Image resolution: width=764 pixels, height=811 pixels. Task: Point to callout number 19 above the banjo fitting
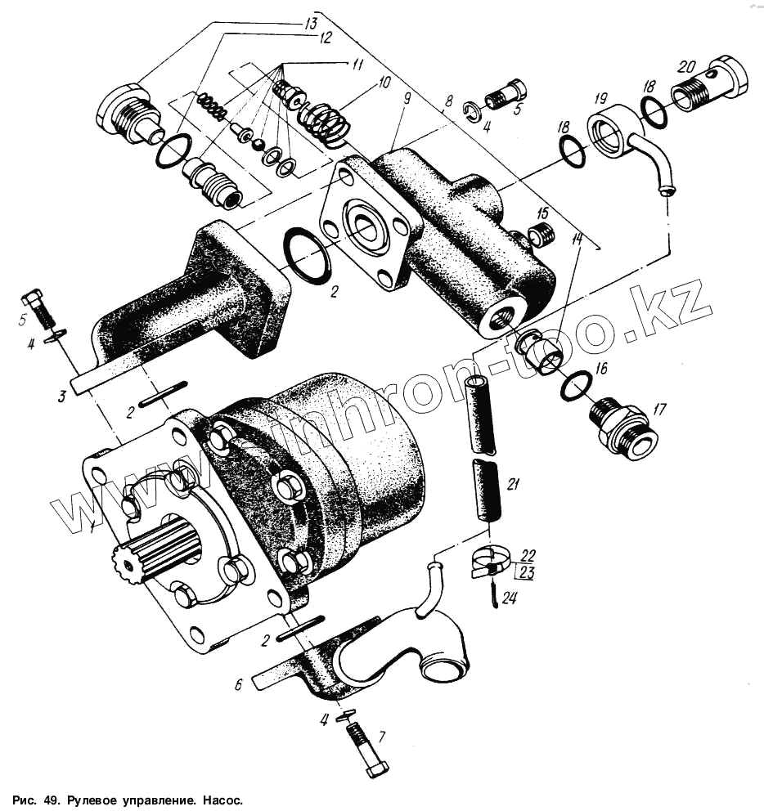[x=600, y=97]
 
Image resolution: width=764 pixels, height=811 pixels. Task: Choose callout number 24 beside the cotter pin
[x=510, y=598]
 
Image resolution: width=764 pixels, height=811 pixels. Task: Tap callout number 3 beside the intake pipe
[x=61, y=398]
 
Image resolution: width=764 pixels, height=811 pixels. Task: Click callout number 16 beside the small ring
[x=601, y=369]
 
